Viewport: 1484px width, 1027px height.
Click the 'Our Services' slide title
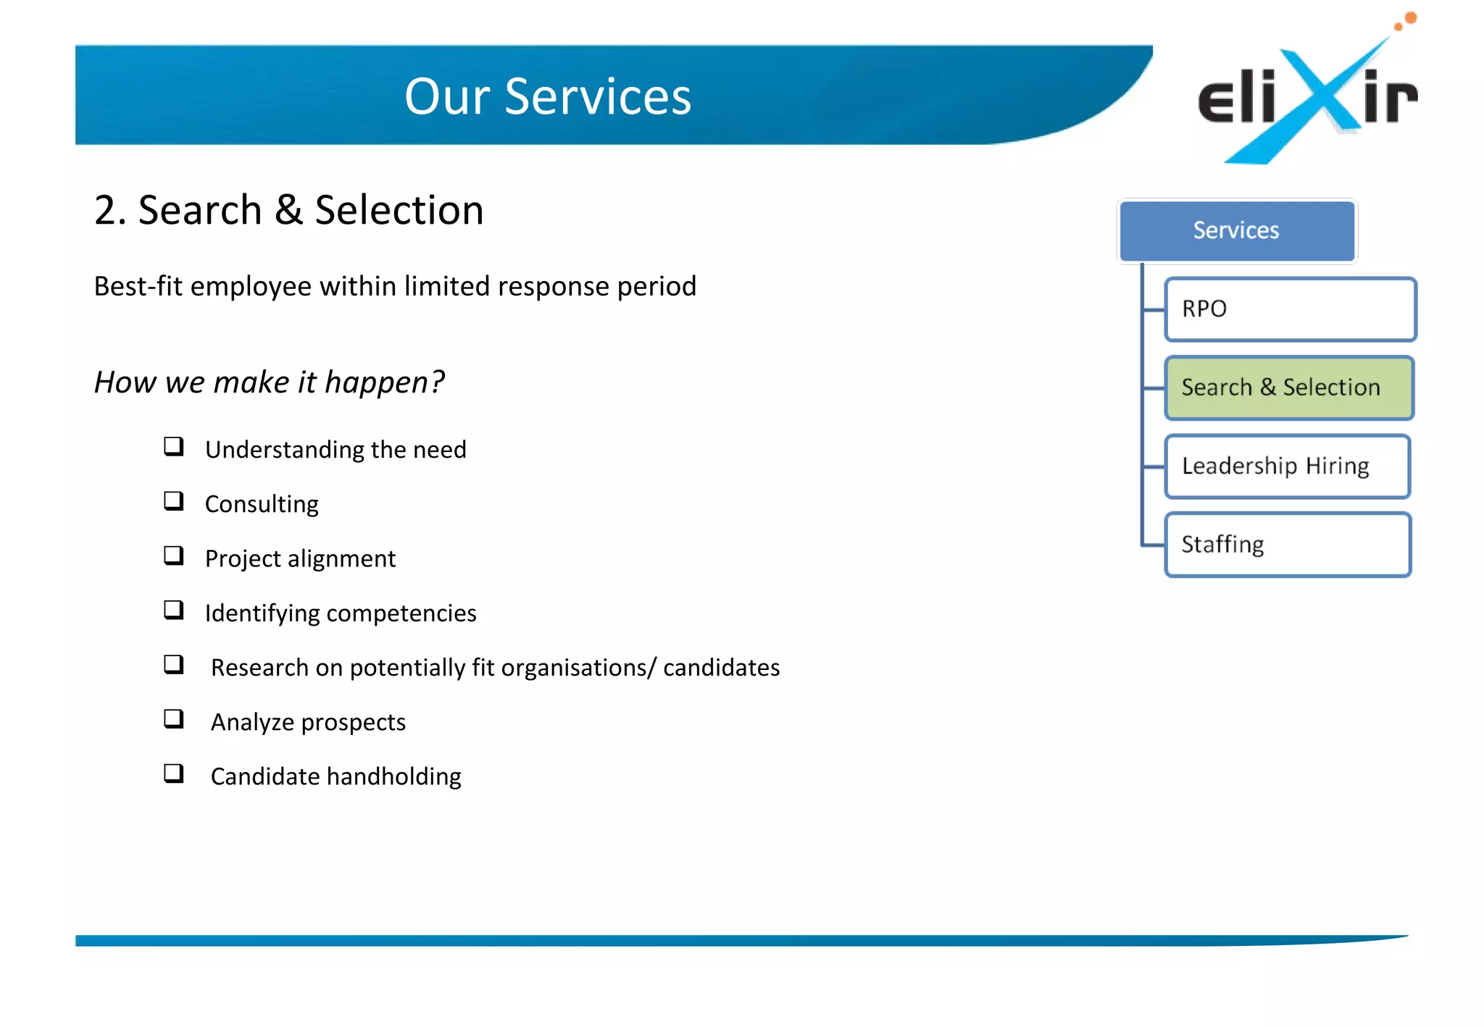548,96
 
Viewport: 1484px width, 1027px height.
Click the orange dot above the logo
1410,17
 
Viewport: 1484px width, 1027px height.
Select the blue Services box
1236,230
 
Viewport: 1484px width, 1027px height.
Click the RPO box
1290,309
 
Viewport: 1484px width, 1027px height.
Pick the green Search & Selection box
1288,387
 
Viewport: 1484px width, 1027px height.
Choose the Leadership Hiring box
1287,466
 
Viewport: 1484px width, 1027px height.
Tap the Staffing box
1287,545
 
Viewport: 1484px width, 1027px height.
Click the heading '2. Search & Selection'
288,210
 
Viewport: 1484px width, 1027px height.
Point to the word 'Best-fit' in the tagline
138,287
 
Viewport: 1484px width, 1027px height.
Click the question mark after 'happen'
437,382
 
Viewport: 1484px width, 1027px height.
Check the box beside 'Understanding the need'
174,446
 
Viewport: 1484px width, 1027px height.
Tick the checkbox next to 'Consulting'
174,500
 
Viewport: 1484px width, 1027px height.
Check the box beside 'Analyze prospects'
174,718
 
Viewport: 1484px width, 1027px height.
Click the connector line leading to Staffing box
1153,545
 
